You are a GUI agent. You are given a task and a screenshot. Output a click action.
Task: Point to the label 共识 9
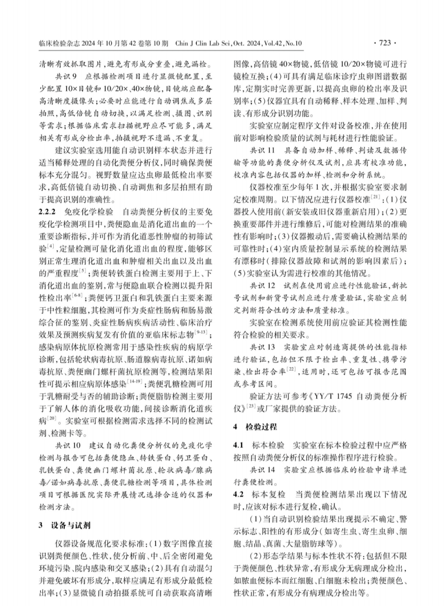66,77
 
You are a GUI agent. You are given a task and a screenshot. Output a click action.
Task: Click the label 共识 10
68,446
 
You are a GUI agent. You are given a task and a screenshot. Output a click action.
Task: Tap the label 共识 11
262,151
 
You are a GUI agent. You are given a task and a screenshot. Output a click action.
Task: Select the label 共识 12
262,286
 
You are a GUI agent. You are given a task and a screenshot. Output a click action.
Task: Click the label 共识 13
262,347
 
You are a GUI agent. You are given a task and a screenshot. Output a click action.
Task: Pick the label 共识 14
262,470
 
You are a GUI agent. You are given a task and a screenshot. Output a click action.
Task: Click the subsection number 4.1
239,445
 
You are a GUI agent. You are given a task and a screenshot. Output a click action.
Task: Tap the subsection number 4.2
239,494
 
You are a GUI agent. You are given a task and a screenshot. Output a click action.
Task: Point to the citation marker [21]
376,197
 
